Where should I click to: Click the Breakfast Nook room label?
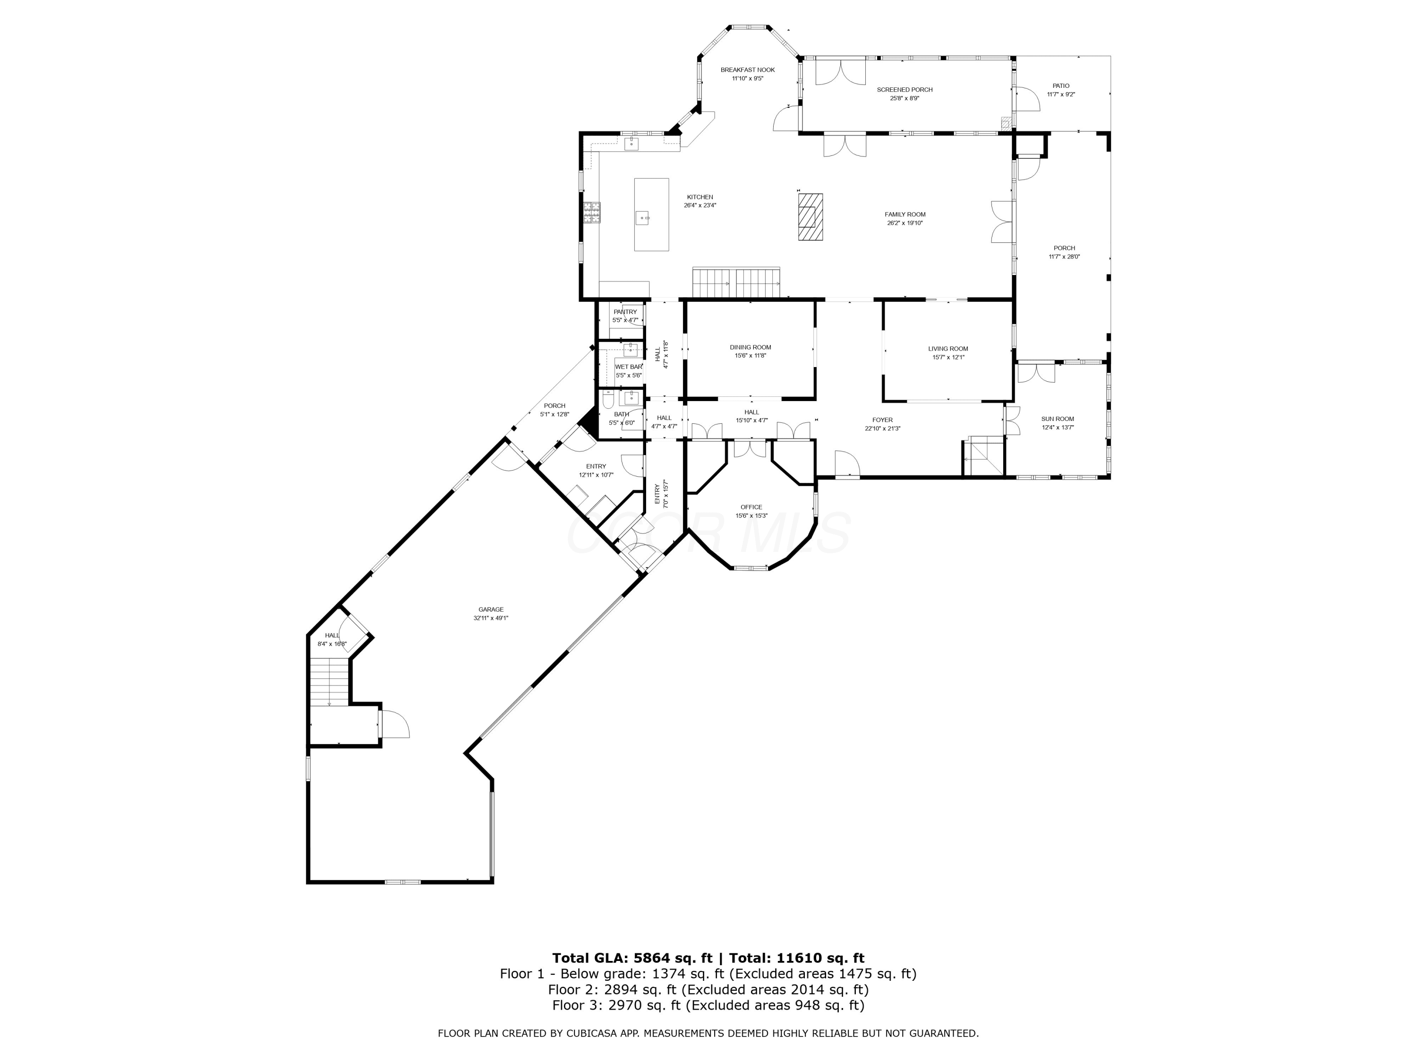pyautogui.click(x=748, y=70)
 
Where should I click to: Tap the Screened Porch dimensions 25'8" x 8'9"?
pyautogui.click(x=905, y=99)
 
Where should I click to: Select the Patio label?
pyautogui.click(x=1061, y=86)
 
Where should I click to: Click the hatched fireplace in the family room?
pyautogui.click(x=811, y=217)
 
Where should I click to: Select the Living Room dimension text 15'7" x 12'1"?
pyautogui.click(x=948, y=358)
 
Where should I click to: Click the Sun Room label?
pyautogui.click(x=1058, y=419)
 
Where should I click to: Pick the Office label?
pyautogui.click(x=751, y=507)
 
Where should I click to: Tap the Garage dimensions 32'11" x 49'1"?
pyautogui.click(x=491, y=618)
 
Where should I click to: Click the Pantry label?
pyautogui.click(x=625, y=312)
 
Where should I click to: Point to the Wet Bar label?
pyautogui.click(x=628, y=367)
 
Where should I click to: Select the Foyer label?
pyautogui.click(x=882, y=420)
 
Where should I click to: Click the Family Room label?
pyautogui.click(x=905, y=214)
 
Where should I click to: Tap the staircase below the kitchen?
pyautogui.click(x=736, y=283)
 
